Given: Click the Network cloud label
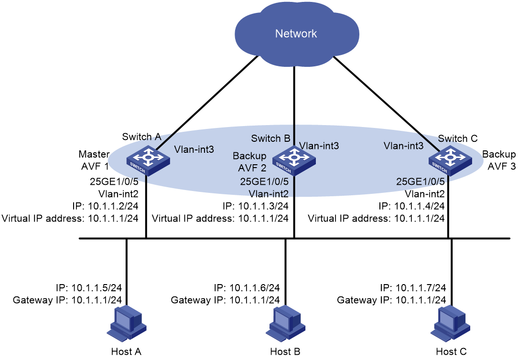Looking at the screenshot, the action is pos(296,33).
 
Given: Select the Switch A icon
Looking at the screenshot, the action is pos(148,161).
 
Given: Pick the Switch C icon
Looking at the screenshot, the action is pos(450,161).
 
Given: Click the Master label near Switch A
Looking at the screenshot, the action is pos(94,154).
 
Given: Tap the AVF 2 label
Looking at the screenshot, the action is pos(252,168).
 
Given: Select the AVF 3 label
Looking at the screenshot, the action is pos(501,166).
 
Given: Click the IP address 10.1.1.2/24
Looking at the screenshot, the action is pos(113,206).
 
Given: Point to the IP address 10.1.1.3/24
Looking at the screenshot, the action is pos(263,206).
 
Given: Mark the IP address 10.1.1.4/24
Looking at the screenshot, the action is pos(420,206).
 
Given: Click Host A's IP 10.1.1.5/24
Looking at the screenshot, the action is pos(97,287).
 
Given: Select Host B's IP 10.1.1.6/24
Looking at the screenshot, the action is pos(255,287).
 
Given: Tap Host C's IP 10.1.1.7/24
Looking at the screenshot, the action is pos(421,287).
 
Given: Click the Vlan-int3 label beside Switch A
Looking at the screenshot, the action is pos(194,149).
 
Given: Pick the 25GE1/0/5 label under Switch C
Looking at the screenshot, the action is pos(420,181).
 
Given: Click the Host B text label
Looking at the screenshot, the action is pos(285,351).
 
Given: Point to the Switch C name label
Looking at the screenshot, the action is pos(458,138).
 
